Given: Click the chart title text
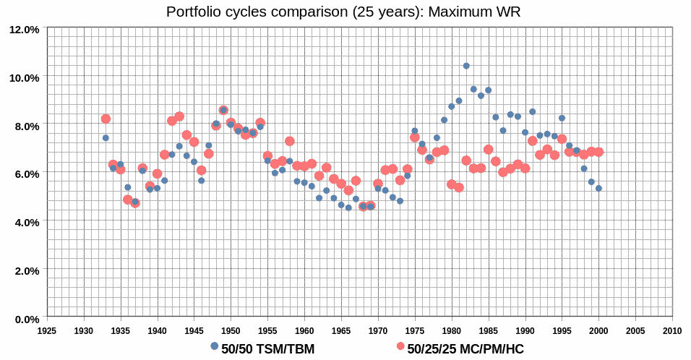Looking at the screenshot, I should tap(343, 12).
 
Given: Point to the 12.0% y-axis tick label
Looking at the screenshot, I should tap(25, 30).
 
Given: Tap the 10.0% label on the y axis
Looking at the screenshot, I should tap(25, 77).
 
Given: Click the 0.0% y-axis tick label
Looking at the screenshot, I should tap(27, 319).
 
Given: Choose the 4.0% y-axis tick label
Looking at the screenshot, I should tap(27, 222).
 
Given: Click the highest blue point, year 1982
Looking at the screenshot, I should tap(466, 66).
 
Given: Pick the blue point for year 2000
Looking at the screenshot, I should tap(598, 189).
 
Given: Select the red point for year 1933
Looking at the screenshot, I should tap(106, 119).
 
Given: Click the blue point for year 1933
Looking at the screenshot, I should tap(106, 138).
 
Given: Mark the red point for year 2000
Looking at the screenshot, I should tap(598, 152).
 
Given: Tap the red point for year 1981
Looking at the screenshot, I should tap(459, 187).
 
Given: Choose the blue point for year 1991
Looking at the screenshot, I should tap(533, 111).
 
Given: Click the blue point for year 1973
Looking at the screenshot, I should tap(400, 201).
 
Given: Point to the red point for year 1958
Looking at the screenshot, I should tap(290, 141).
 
